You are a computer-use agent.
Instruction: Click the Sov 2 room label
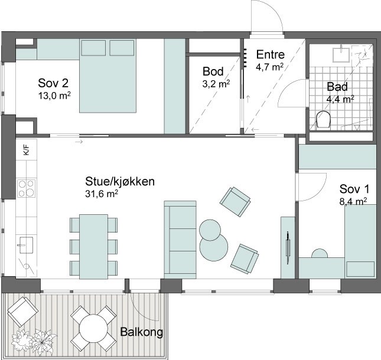[x=53, y=83]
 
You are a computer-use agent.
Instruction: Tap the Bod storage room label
[x=213, y=71]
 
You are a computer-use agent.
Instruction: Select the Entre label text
[x=270, y=54]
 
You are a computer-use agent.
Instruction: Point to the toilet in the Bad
[x=324, y=119]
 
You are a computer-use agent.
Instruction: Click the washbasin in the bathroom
[x=341, y=55]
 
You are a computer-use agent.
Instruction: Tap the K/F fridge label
[x=26, y=149]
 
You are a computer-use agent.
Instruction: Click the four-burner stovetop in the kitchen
[x=26, y=188]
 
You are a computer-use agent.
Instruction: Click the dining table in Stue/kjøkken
[x=93, y=247]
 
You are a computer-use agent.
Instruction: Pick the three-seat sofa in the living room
[x=180, y=240]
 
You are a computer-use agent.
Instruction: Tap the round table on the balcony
[x=93, y=329]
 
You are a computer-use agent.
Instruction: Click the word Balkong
[x=141, y=332]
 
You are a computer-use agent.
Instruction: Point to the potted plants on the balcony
[x=34, y=339]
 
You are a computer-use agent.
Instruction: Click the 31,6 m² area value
[x=102, y=194]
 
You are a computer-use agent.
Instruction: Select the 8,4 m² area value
[x=353, y=201]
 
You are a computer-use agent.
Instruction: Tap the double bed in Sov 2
[x=108, y=76]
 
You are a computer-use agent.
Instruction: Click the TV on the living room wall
[x=288, y=247]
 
